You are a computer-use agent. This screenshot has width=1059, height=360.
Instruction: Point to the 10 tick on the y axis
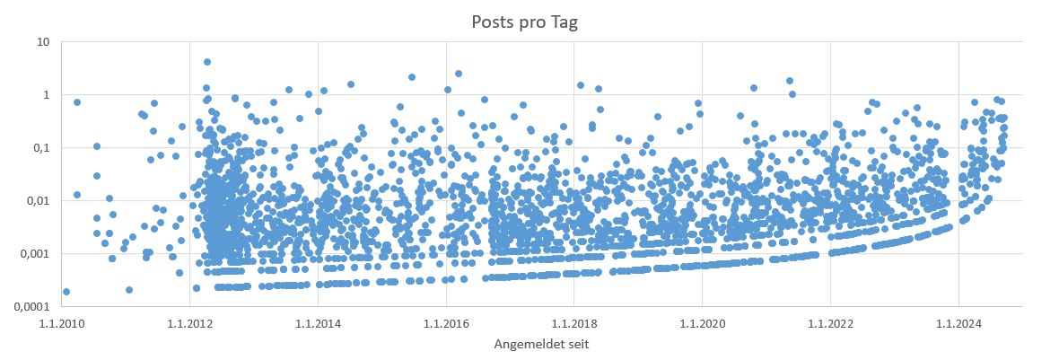coord(42,42)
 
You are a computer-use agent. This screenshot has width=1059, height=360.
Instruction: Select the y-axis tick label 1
coord(45,95)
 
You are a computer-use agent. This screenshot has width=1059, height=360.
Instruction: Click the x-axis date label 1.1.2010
coord(61,322)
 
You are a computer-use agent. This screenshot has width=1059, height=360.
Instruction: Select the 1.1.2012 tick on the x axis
coord(188,322)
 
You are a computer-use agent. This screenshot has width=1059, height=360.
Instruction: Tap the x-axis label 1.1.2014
coord(317,322)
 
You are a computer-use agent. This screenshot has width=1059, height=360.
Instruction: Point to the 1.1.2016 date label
coord(445,322)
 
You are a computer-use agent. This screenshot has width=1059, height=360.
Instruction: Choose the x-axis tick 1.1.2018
coord(573,322)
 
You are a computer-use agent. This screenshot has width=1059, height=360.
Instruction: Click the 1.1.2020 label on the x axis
coord(702,322)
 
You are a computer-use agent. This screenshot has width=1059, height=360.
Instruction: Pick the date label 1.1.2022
coord(830,322)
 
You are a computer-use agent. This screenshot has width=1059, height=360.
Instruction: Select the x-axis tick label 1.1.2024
coord(958,322)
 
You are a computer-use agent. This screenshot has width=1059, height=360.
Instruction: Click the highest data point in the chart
coord(207,62)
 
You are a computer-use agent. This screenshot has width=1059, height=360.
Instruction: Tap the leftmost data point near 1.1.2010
coord(66,291)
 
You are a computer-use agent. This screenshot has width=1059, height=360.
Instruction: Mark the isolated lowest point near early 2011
coord(129,289)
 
